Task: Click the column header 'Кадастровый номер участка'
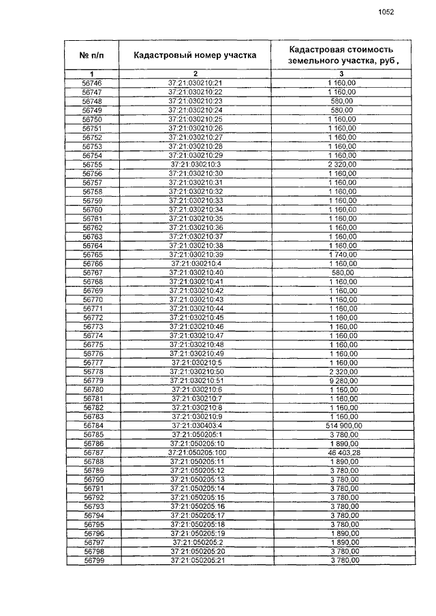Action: click(195, 55)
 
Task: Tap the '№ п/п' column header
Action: click(92, 55)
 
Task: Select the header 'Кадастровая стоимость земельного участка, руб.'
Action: click(341, 55)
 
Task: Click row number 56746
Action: click(92, 83)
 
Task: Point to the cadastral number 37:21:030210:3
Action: click(196, 164)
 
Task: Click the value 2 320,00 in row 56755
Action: click(342, 164)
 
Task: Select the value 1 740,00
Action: click(342, 254)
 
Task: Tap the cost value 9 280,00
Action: click(342, 380)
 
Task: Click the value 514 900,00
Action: click(342, 425)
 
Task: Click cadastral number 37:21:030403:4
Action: click(196, 425)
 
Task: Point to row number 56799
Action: click(92, 560)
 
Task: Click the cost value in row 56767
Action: click(342, 272)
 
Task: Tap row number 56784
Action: click(92, 425)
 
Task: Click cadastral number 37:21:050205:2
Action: click(196, 542)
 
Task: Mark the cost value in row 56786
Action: click(342, 443)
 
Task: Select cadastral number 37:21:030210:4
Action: click(196, 263)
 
